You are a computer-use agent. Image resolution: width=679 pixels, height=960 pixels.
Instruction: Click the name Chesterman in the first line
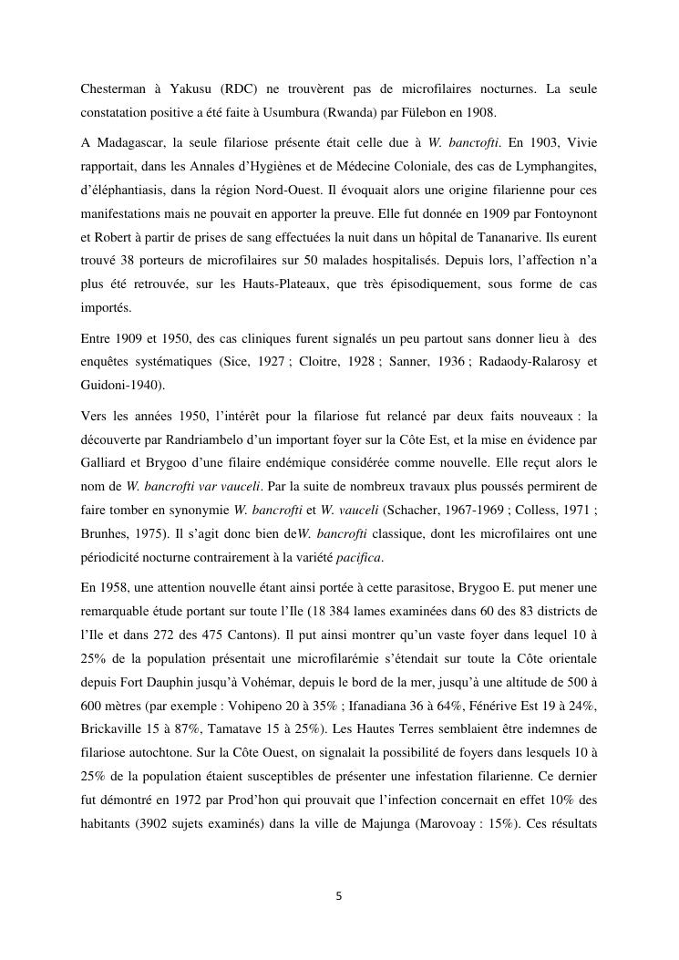pyautogui.click(x=116, y=88)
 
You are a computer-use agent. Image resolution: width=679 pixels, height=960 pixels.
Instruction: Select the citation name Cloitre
pyautogui.click(x=323, y=362)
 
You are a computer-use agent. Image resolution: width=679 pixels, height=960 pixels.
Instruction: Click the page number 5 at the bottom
pyautogui.click(x=339, y=896)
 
